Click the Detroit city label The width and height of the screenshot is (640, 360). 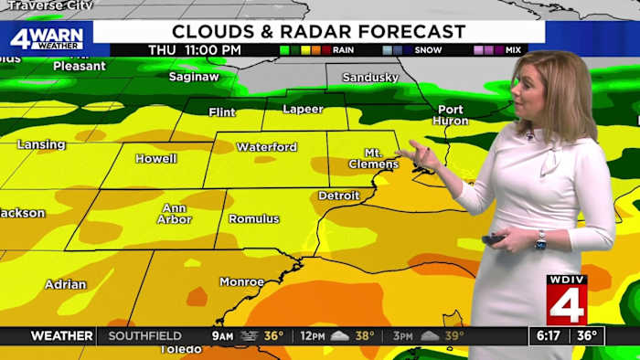click(x=338, y=196)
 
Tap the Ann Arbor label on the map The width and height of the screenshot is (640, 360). click(x=174, y=214)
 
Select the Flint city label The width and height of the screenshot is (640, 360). click(x=222, y=113)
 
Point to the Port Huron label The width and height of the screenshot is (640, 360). click(x=449, y=115)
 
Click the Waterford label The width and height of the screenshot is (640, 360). click(x=267, y=147)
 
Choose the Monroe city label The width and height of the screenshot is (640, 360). click(x=242, y=282)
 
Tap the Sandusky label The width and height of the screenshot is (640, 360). click(x=369, y=78)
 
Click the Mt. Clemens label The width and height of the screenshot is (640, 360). click(x=373, y=158)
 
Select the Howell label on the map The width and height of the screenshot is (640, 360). click(x=155, y=158)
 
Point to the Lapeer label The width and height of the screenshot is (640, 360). click(x=304, y=109)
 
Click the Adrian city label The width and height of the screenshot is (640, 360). click(x=66, y=284)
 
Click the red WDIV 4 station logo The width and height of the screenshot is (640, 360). click(x=567, y=301)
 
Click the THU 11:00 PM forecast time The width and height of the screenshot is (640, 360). click(x=196, y=49)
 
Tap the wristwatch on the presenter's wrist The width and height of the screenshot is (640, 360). click(x=540, y=240)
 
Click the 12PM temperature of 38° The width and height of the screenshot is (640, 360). click(x=364, y=335)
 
